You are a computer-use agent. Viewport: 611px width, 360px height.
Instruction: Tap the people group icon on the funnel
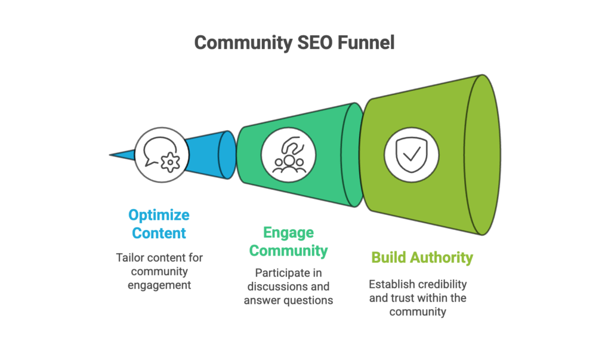(x=288, y=154)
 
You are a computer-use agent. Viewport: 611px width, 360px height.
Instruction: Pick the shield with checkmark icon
(x=411, y=154)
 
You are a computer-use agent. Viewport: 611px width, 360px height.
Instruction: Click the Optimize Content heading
(x=159, y=224)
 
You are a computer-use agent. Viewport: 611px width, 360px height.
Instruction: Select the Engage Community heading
(x=288, y=241)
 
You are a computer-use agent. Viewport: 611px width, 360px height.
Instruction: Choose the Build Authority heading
(x=422, y=257)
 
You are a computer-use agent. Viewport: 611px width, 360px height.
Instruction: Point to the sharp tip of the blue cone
(x=112, y=155)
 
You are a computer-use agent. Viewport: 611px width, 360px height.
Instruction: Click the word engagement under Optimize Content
(x=159, y=285)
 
